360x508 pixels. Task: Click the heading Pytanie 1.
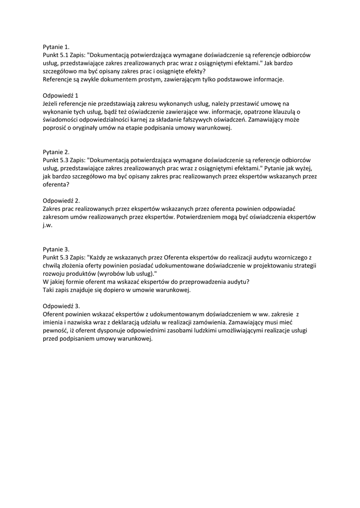point(56,47)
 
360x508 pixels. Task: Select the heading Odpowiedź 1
point(61,95)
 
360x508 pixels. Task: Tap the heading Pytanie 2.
point(56,152)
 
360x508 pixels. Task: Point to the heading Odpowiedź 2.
point(62,200)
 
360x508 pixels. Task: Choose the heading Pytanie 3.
point(56,249)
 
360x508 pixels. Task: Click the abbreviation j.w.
point(48,225)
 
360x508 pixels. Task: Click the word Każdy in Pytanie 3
point(97,257)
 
